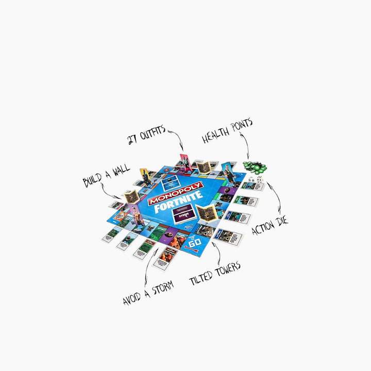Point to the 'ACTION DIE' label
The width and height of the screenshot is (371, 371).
[x=270, y=226]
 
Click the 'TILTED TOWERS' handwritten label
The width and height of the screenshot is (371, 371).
[x=215, y=273]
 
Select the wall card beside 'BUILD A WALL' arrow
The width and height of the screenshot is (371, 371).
[x=131, y=196]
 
